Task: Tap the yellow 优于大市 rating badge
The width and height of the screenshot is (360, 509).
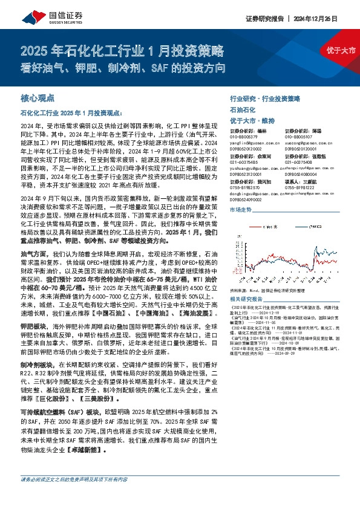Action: (x=341, y=50)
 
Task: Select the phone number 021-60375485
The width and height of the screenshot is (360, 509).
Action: (x=245, y=162)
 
